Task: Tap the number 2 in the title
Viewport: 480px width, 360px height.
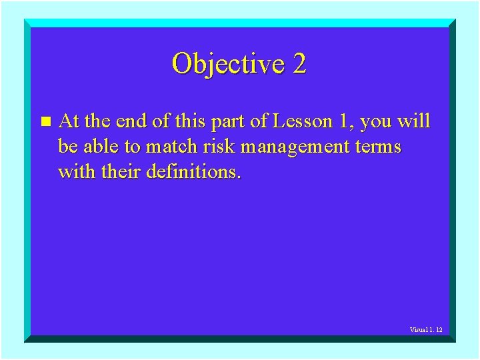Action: [x=299, y=63]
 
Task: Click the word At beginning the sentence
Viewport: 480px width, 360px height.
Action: [x=69, y=121]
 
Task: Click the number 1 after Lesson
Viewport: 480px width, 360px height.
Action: [x=338, y=121]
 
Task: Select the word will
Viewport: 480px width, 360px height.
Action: [x=415, y=121]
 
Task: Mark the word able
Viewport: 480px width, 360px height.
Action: [x=101, y=146]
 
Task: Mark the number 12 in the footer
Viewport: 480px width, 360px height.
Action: [x=439, y=330]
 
